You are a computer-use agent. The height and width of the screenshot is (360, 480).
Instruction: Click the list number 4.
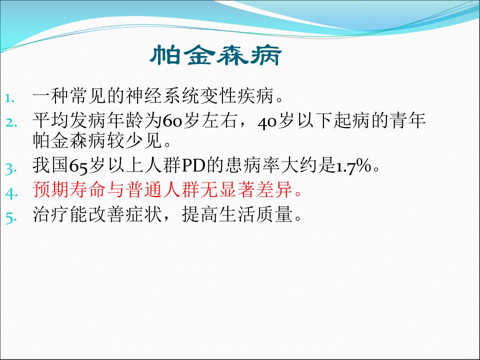coord(11,193)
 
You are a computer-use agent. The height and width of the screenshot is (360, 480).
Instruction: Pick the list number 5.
coord(10,217)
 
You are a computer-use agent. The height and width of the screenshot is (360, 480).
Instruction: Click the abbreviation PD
coord(193,165)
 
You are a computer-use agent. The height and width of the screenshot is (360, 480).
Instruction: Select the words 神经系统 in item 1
coord(162,96)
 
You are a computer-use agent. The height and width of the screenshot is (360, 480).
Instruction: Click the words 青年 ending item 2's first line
coord(407,120)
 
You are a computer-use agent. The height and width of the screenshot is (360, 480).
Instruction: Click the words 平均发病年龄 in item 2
coord(87,120)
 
